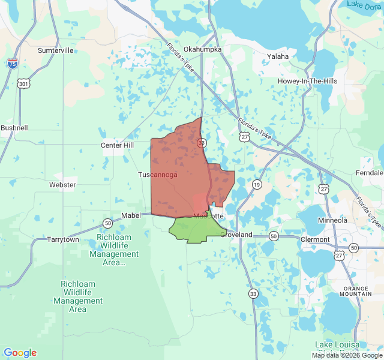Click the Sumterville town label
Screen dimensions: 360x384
pos(55,50)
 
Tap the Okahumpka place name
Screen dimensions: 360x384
pos(203,49)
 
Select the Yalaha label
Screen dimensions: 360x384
pos(278,56)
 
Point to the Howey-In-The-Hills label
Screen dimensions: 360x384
pos(307,81)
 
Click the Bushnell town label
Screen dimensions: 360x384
pos(14,128)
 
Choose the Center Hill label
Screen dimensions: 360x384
pos(117,145)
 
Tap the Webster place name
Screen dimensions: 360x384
pos(62,185)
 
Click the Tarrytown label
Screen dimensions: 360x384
pos(63,239)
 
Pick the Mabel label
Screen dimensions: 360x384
pos(131,215)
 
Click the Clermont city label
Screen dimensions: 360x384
pos(316,239)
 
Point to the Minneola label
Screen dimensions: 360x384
pos(332,220)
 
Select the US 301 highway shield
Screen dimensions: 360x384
pos(23,84)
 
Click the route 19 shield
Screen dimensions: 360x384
pos(257,184)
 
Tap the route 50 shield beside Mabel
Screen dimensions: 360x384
pos(108,223)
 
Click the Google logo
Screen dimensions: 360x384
pos(20,353)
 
